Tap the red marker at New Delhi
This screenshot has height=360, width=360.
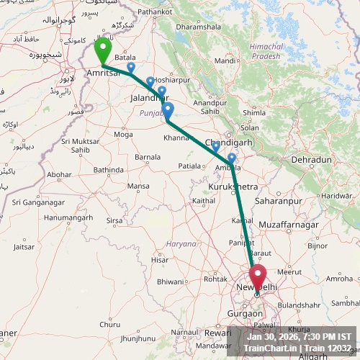257,276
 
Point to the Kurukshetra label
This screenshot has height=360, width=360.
233,186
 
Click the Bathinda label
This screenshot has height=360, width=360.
109,170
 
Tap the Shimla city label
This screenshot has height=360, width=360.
254,113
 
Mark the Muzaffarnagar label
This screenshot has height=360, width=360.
288,225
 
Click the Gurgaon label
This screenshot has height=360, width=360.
244,314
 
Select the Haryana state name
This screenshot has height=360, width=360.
181,244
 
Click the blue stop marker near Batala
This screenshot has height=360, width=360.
130,67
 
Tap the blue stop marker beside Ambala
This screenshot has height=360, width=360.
231,158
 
